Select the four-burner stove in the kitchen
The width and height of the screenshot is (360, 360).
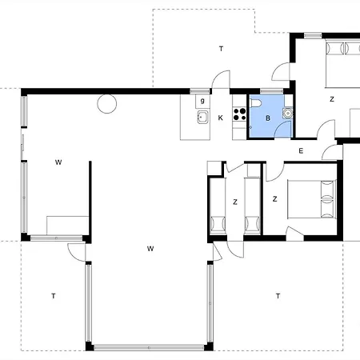pyautogui.click(x=239, y=114)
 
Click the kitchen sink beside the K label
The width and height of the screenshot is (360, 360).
pyautogui.click(x=202, y=118)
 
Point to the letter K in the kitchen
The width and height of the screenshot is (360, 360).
pyautogui.click(x=221, y=118)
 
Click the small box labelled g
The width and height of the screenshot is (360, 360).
pyautogui.click(x=202, y=102)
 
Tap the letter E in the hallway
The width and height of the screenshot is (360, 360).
pyautogui.click(x=301, y=151)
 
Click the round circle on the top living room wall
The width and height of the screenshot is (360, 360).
pyautogui.click(x=107, y=103)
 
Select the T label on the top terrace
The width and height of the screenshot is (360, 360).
pyautogui.click(x=221, y=49)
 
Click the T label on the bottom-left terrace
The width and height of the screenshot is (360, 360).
pyautogui.click(x=54, y=296)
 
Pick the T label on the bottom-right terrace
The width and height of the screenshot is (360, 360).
pyautogui.click(x=278, y=296)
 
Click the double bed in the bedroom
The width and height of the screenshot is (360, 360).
pyautogui.click(x=311, y=199)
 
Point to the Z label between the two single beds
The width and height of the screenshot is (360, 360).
pyautogui.click(x=235, y=202)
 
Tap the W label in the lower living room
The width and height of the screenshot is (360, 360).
pyautogui.click(x=150, y=249)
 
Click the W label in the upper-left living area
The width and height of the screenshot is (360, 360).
pyautogui.click(x=58, y=162)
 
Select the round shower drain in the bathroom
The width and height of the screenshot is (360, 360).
pyautogui.click(x=288, y=113)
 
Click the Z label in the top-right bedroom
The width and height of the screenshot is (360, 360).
pyautogui.click(x=332, y=99)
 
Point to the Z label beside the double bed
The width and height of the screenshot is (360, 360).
pyautogui.click(x=275, y=199)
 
